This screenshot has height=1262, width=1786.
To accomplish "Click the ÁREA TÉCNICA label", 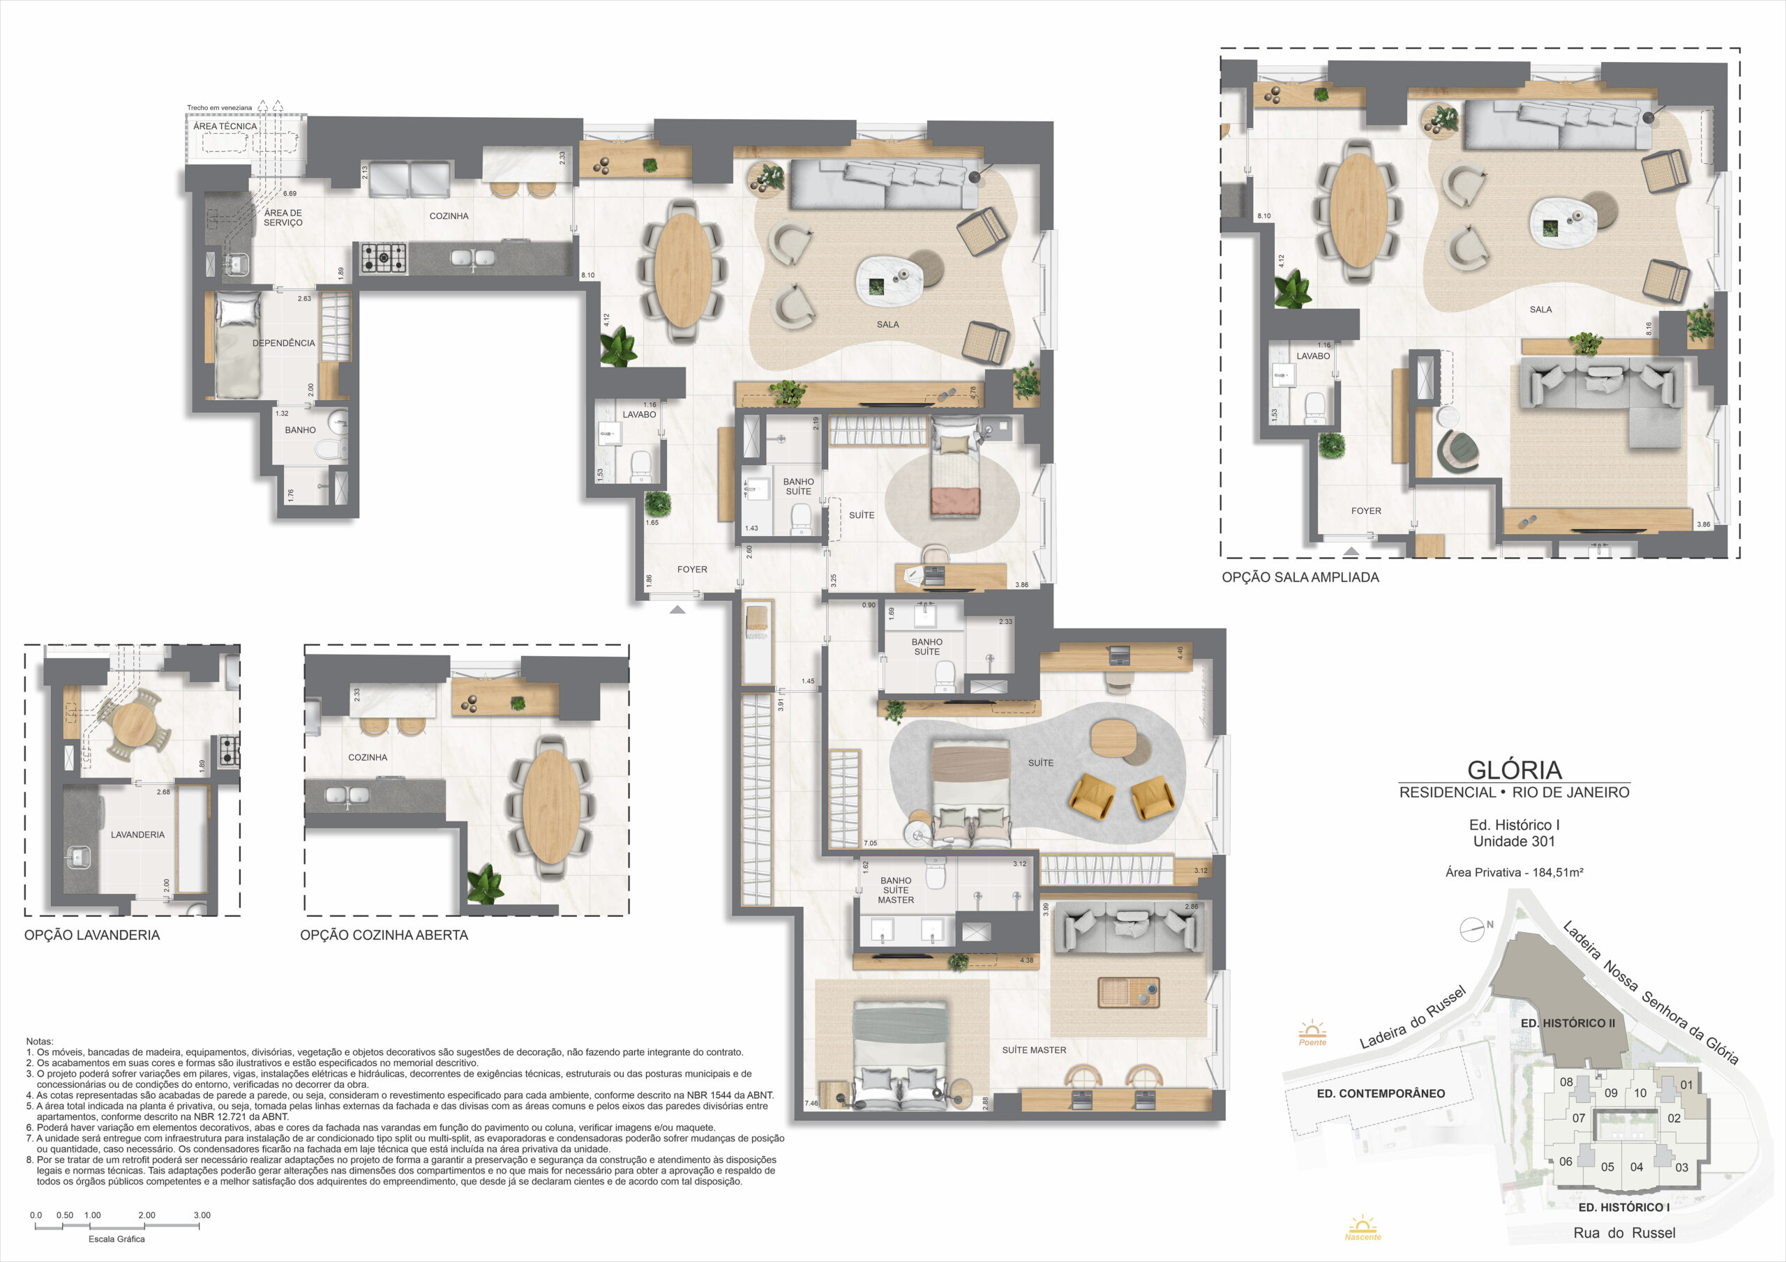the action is [225, 126].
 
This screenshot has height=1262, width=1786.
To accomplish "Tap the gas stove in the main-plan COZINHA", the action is [384, 258].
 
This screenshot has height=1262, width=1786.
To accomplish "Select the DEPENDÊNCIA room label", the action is [283, 343].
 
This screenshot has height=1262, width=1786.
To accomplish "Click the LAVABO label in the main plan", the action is [640, 414].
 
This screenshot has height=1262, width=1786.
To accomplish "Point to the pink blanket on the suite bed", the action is [955, 501].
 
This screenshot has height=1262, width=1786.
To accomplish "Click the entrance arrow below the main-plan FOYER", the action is [677, 609].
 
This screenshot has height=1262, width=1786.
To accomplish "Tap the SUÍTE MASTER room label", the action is [1034, 1050].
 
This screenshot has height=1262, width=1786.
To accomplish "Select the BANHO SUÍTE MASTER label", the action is [896, 890].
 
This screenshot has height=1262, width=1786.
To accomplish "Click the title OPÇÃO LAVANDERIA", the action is [92, 934].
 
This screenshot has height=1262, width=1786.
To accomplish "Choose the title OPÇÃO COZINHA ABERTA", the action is [384, 934].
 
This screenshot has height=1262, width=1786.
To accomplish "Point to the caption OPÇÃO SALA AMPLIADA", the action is [1300, 577].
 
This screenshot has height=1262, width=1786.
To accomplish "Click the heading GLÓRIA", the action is [1515, 770].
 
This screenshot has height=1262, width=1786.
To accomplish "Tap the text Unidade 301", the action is [1514, 841].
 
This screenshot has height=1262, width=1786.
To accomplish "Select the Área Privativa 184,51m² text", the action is [1515, 872].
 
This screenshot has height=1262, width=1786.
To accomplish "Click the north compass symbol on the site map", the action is [1473, 929].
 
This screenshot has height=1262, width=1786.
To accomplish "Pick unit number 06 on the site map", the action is [1566, 1161].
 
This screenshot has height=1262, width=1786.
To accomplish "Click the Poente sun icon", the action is [1312, 1033].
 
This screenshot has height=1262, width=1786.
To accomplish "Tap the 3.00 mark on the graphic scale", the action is [202, 1215].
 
